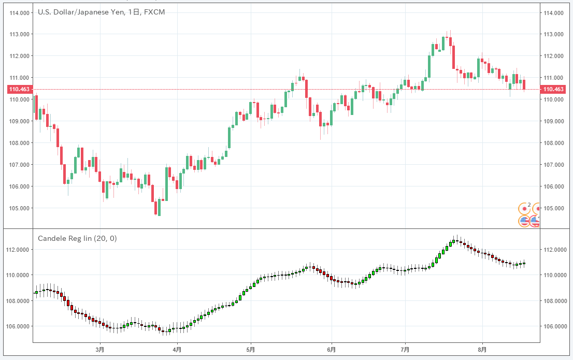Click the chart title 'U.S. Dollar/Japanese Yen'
point(81,12)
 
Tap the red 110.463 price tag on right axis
point(553,90)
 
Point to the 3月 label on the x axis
point(100,350)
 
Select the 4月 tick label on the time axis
point(177,350)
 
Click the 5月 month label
point(251,350)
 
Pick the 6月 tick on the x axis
point(332,350)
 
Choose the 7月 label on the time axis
point(405,350)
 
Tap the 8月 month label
point(482,350)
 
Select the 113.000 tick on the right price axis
point(553,34)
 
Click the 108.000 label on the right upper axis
point(553,143)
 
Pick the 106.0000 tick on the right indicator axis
point(555,326)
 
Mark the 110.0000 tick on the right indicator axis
point(555,275)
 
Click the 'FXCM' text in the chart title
point(155,12)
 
